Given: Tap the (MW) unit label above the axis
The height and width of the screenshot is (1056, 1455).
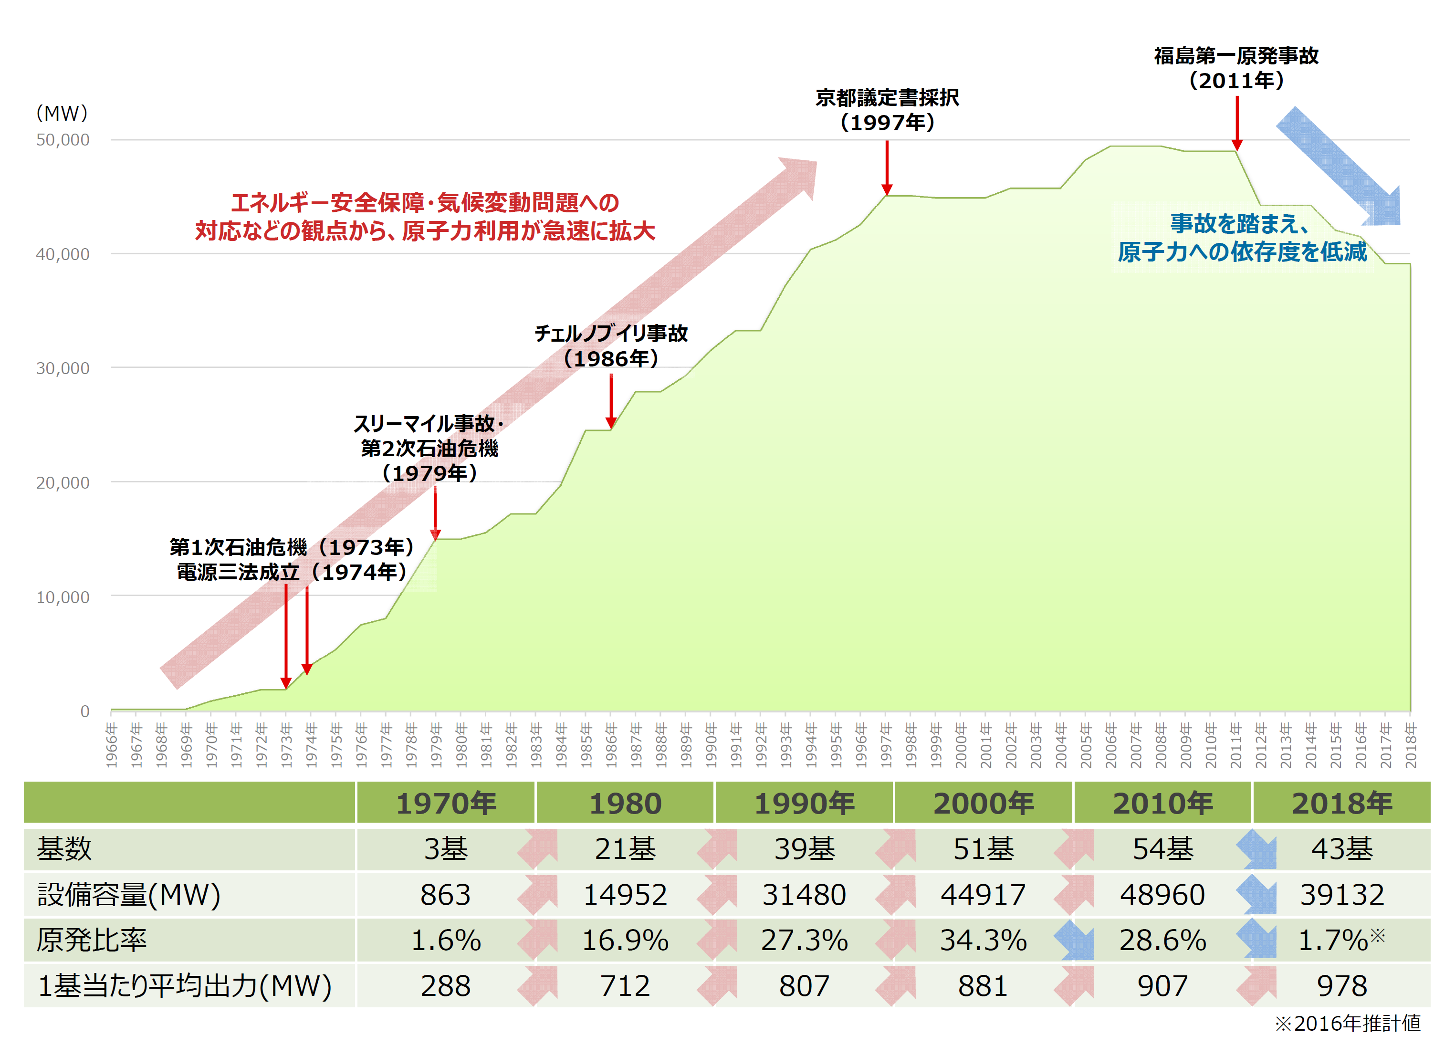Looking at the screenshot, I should (62, 114).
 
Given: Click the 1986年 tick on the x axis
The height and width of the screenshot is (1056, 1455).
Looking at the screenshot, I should (611, 745).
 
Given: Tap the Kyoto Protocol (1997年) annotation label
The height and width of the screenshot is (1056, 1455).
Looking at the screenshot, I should (887, 110).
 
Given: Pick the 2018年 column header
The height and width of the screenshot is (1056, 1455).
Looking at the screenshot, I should (1341, 803).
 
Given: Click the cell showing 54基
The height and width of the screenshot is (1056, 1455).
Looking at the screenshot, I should (1162, 849).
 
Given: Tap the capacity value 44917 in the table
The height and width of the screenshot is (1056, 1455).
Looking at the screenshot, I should (983, 894).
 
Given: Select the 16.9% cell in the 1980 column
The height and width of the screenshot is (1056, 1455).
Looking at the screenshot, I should (625, 941).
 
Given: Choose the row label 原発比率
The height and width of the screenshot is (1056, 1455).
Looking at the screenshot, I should (92, 941).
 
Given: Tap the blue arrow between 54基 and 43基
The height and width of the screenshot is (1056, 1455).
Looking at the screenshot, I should (1256, 849).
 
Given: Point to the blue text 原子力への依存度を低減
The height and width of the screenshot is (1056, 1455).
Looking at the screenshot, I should (1242, 251).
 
